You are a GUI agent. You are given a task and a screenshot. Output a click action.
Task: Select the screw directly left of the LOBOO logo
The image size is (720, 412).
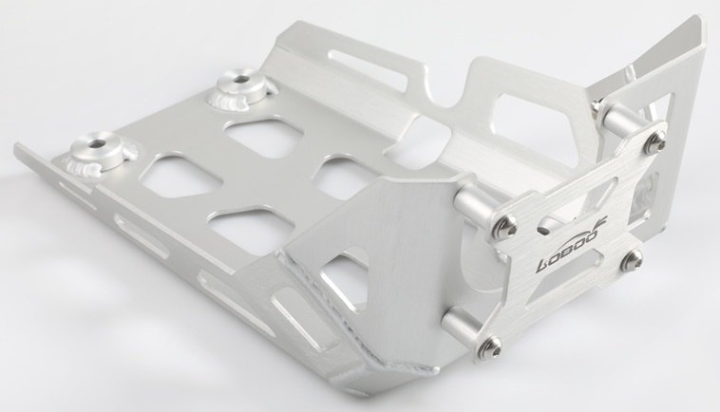click(506, 224)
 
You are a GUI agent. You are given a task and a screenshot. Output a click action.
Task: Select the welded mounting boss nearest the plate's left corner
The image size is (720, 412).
click(99, 151)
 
